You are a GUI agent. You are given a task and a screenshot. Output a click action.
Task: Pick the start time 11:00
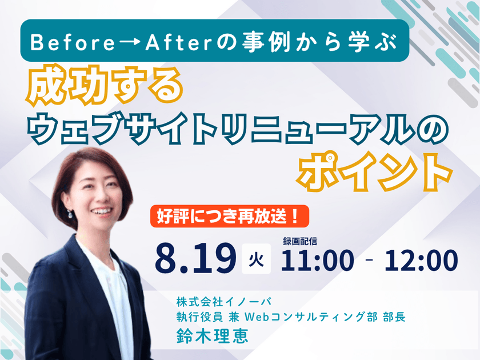(317, 260)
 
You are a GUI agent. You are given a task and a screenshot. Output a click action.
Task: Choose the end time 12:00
(421, 260)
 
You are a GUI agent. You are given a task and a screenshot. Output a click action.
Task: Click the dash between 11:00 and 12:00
(369, 260)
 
